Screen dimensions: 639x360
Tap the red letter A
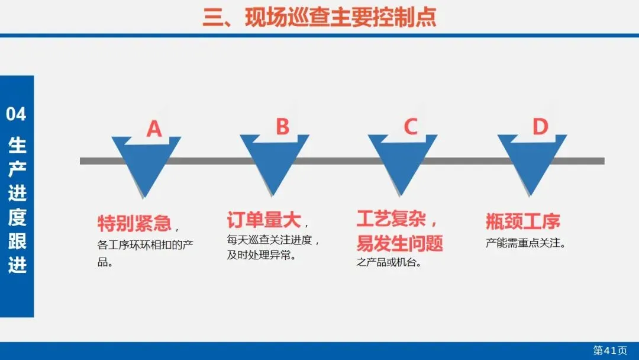154,128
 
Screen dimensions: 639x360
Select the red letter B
283,127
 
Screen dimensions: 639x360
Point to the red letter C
411,127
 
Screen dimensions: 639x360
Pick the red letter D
540,127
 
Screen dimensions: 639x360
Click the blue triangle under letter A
144,166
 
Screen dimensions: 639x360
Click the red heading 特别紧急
134,223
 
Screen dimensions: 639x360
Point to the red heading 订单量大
264,220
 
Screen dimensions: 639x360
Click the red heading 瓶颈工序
522,221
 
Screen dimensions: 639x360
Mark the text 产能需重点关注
525,243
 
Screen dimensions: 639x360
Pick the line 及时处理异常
261,256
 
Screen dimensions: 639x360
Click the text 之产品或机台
389,262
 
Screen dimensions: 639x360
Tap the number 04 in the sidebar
17,114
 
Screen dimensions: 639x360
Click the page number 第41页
610,351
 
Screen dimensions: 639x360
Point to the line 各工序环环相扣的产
145,244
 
